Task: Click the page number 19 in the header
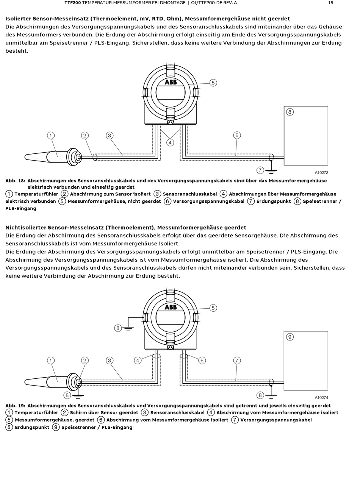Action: (x=331, y=3)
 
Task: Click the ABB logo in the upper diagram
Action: (x=171, y=82)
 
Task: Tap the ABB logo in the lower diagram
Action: (x=171, y=307)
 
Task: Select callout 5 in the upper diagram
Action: (x=213, y=83)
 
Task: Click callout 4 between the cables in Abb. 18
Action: (x=170, y=142)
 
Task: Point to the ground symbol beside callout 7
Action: (x=271, y=171)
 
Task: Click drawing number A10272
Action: (x=321, y=173)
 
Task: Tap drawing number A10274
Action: (x=321, y=398)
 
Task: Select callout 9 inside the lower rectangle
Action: (x=290, y=337)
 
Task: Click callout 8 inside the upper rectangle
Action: (x=290, y=112)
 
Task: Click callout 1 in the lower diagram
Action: (x=51, y=361)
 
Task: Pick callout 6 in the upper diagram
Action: (x=237, y=135)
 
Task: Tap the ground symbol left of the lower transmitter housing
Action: (x=128, y=328)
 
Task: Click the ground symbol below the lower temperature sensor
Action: (x=78, y=396)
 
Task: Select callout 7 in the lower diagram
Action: (x=237, y=361)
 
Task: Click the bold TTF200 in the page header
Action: (x=73, y=3)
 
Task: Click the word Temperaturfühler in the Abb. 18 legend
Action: (x=36, y=194)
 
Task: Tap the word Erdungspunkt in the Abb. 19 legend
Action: (x=32, y=428)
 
